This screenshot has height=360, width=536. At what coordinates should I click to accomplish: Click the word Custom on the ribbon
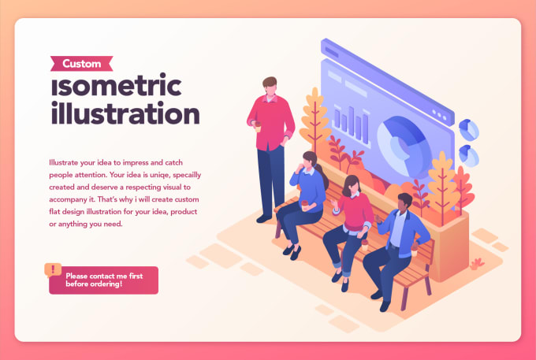coord(81,63)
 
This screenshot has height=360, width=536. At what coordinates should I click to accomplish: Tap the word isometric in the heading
coord(115,86)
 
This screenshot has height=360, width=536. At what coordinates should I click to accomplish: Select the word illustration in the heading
coord(124,113)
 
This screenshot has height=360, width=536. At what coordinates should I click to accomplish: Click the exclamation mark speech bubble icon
coord(53,269)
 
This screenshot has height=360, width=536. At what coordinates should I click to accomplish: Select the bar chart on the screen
coord(347,121)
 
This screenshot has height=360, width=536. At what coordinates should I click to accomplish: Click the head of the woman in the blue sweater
coord(309,164)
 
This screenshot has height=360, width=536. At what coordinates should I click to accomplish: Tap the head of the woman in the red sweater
coord(352,186)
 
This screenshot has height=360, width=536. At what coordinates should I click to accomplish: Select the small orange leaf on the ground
coord(477,262)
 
